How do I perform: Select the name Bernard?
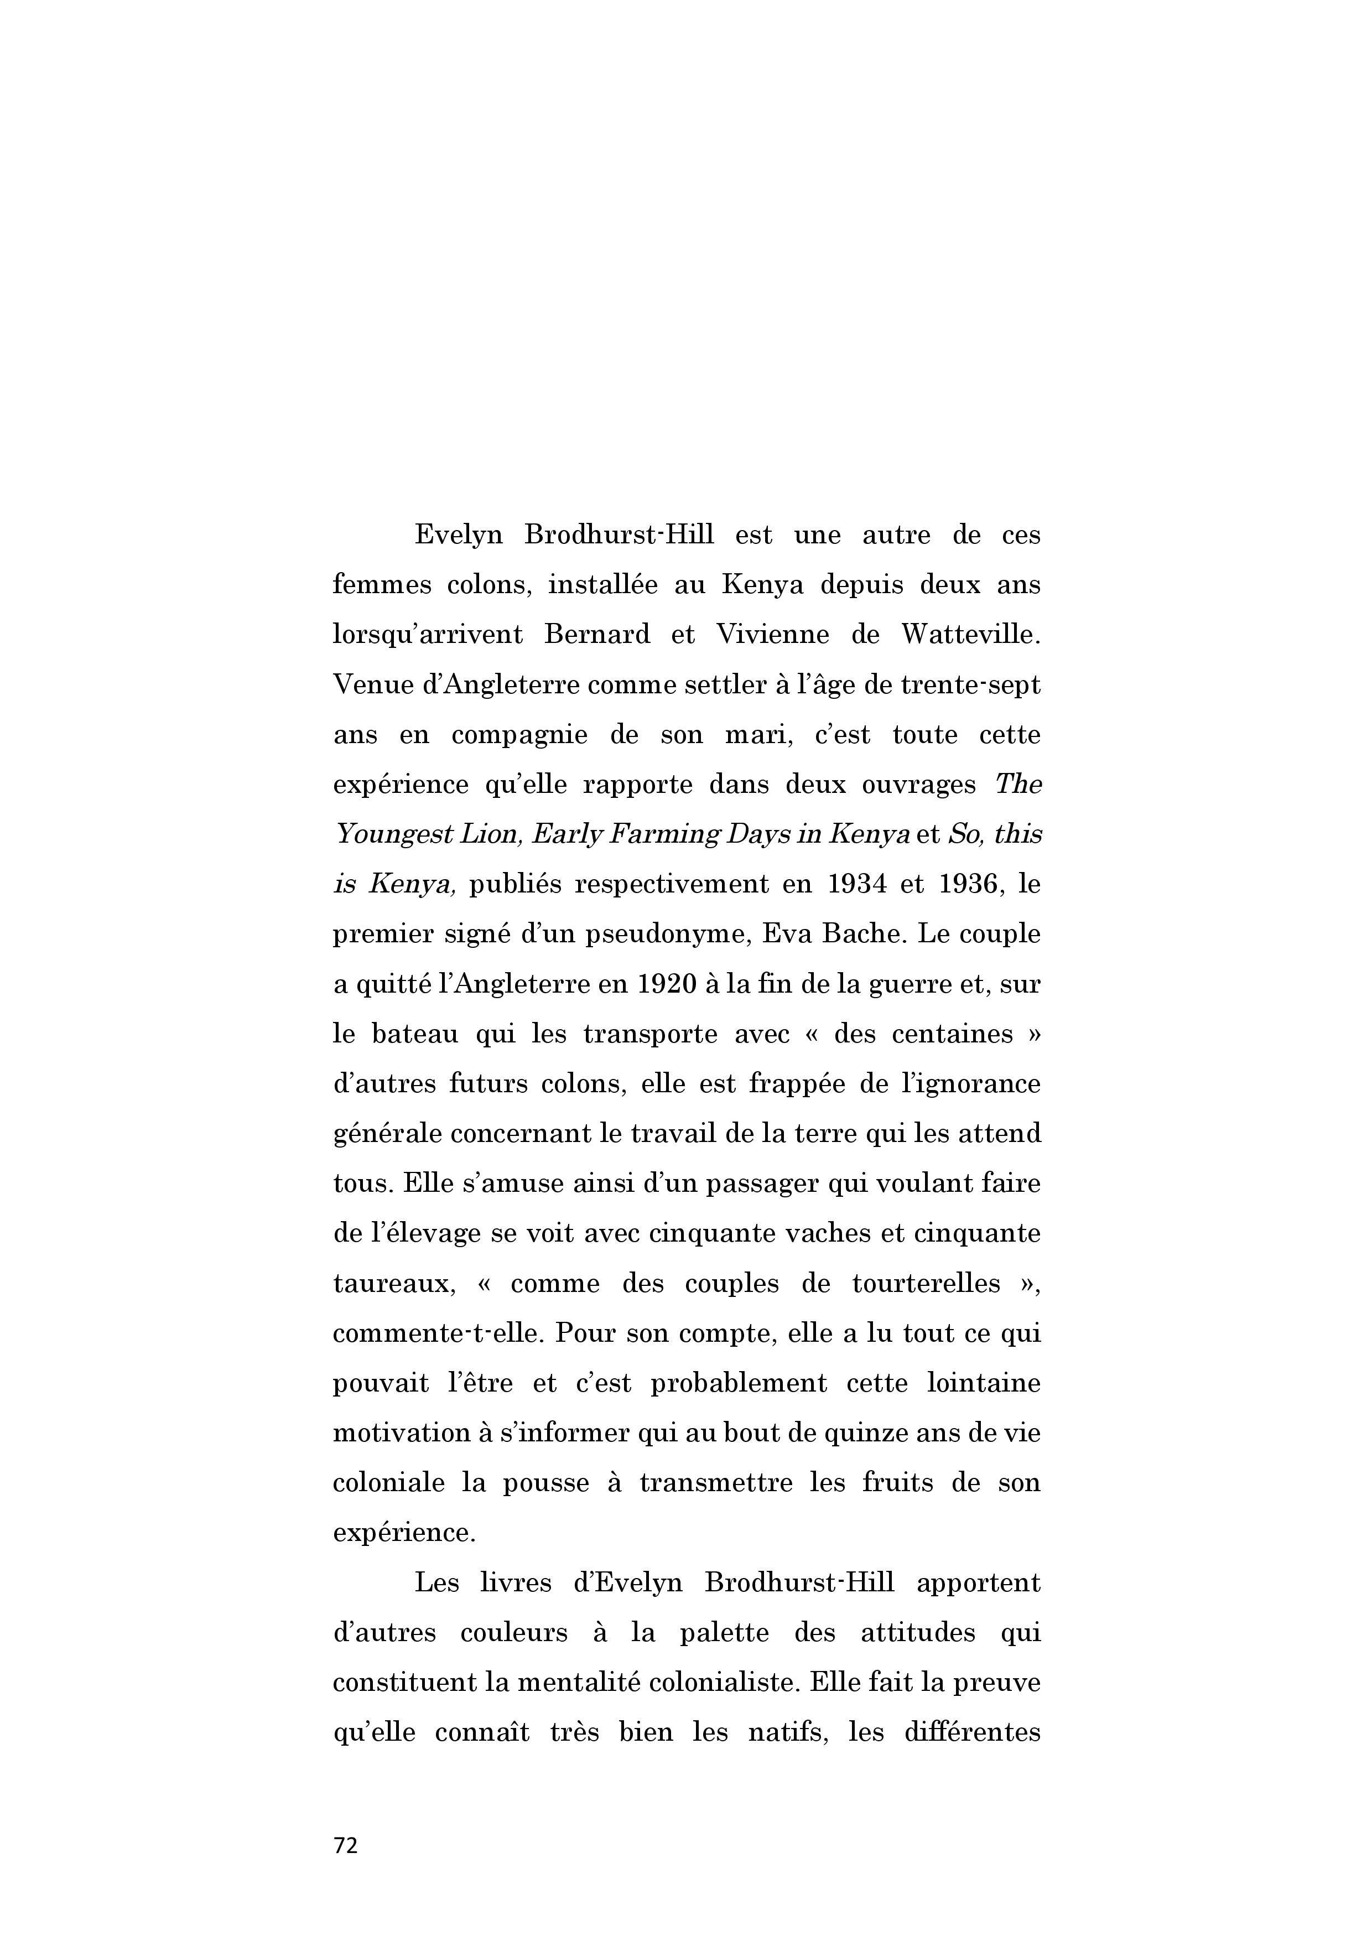pos(597,634)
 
